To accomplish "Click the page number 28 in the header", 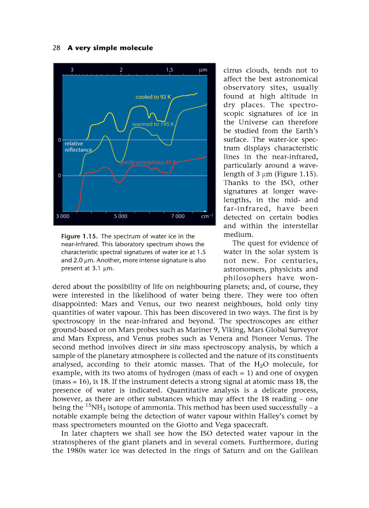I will (57, 48).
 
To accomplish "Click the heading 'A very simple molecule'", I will (110, 48).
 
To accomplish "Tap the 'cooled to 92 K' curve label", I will (154, 97).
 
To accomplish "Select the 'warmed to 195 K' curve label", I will (153, 124).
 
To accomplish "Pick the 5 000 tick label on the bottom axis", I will (120, 216).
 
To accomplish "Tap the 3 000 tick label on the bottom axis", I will (62, 216).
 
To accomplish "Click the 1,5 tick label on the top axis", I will (170, 70).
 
